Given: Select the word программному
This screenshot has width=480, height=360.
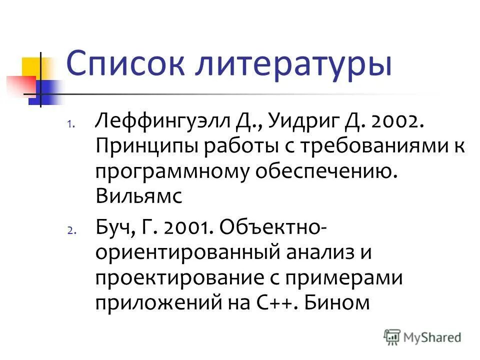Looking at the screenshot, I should point(171,172).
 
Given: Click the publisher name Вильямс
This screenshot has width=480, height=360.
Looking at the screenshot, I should point(139,197).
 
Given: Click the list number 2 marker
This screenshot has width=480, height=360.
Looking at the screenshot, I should point(70,230).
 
